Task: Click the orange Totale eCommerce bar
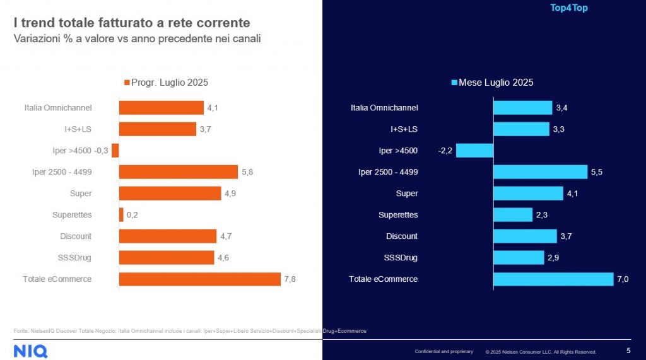pyautogui.click(x=199, y=279)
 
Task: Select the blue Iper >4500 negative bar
pyautogui.click(x=474, y=151)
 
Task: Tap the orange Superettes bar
pyautogui.click(x=121, y=215)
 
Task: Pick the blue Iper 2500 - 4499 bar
pyautogui.click(x=540, y=172)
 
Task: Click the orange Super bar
pyautogui.click(x=170, y=194)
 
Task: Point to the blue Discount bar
pyautogui.click(x=525, y=236)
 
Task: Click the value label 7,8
pyautogui.click(x=290, y=279)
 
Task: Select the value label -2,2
pyautogui.click(x=445, y=151)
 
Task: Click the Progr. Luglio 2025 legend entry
pyautogui.click(x=166, y=83)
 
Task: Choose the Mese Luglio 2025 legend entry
pyautogui.click(x=492, y=83)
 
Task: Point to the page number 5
pyautogui.click(x=628, y=351)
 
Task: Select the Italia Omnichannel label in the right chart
pyautogui.click(x=384, y=108)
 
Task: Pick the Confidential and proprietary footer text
pyautogui.click(x=443, y=351)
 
